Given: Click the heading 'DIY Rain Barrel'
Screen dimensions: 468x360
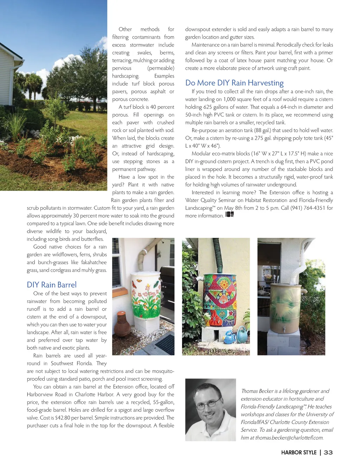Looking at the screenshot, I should pyautogui.click(x=52, y=285).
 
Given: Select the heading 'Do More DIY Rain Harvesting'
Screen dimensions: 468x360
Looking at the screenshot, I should pyautogui.click(x=234, y=83).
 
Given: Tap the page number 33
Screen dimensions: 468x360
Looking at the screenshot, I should pyautogui.click(x=328, y=453).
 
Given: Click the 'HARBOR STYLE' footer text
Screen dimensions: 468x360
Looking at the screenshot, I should pyautogui.click(x=298, y=453).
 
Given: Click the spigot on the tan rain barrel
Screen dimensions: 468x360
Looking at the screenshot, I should pyautogui.click(x=284, y=330).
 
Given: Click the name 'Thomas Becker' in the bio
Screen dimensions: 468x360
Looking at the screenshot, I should pyautogui.click(x=257, y=391).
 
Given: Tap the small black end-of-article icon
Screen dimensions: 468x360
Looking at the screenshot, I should pyautogui.click(x=230, y=214).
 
